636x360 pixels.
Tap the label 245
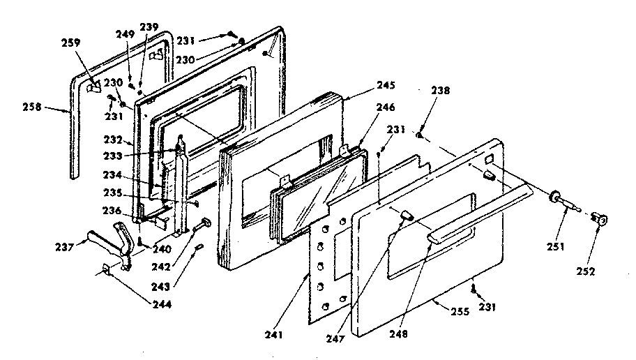click(x=386, y=86)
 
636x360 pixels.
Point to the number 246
click(x=386, y=107)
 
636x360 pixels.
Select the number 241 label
click(x=275, y=336)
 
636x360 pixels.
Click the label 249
click(x=126, y=34)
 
